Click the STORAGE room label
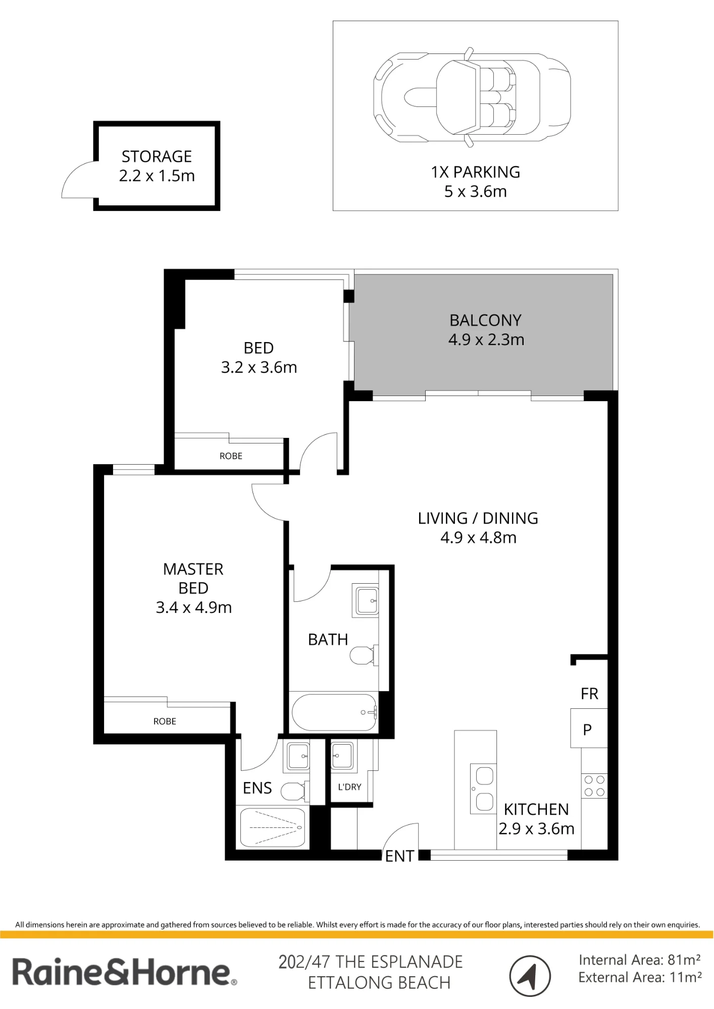(x=157, y=156)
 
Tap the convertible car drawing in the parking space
(x=472, y=97)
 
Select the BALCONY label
(x=485, y=320)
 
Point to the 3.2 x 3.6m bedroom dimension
(x=259, y=367)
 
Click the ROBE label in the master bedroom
(x=165, y=721)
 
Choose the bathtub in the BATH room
(x=334, y=712)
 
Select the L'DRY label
(x=349, y=787)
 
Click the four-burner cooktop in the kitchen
(x=594, y=786)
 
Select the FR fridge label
(x=589, y=694)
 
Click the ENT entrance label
(x=399, y=856)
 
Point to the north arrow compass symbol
(x=530, y=976)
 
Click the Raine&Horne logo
(x=124, y=973)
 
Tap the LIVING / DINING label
(x=478, y=518)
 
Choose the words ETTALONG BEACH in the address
(x=379, y=983)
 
